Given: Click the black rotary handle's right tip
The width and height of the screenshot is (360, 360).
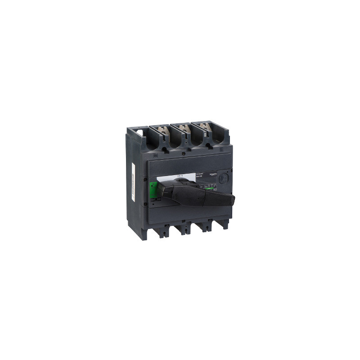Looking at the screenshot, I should (x=232, y=199).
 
